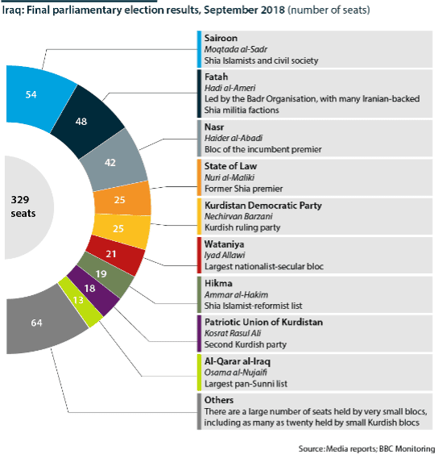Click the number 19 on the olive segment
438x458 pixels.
(101, 273)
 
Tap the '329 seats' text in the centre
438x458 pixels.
(23, 206)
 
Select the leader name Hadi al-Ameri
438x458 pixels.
(229, 88)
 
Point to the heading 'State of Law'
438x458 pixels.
(230, 166)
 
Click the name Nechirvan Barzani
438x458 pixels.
(238, 216)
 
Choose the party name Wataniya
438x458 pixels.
(225, 244)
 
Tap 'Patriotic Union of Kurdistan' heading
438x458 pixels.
(263, 322)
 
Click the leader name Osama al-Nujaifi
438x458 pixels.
(236, 373)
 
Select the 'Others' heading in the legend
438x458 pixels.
(219, 400)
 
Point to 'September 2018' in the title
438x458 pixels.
(244, 10)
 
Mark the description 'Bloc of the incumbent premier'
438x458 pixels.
(263, 149)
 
